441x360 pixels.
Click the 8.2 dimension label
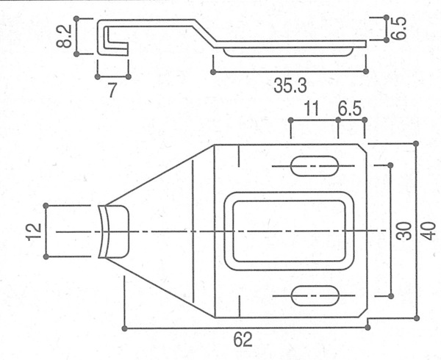coord(63,36)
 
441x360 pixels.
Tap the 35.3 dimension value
coord(290,85)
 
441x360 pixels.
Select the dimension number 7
coord(112,90)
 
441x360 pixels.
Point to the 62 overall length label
coord(243,339)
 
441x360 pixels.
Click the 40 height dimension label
coord(429,231)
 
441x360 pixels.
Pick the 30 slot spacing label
coord(404,231)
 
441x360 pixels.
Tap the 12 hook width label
coord(34,232)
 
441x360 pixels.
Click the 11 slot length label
coord(312,109)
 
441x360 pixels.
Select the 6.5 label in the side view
coord(398,27)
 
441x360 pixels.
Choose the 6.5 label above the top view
coord(350,109)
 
